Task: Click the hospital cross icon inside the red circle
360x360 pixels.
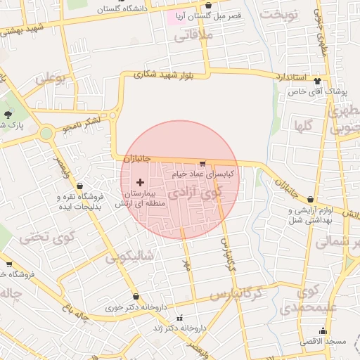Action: pos(140,182)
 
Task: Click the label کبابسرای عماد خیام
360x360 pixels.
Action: pos(204,172)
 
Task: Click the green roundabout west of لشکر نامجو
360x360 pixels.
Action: pos(46,133)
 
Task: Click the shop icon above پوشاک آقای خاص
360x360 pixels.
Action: pos(317,81)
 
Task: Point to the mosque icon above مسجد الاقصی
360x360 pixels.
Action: pos(323,330)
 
